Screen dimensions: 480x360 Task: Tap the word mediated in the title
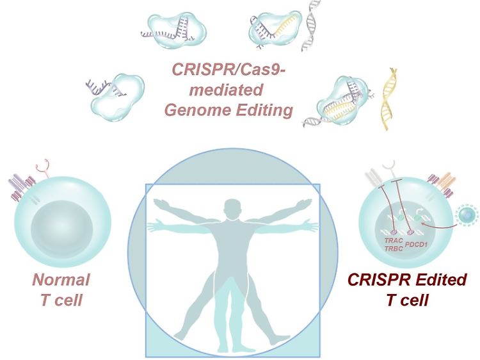click(226, 90)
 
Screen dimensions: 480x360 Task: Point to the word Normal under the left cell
click(61, 279)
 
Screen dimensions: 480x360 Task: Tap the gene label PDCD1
click(416, 245)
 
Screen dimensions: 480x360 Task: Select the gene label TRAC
click(394, 240)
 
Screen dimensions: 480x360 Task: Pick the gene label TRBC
click(394, 249)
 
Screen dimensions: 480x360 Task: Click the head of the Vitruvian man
click(232, 209)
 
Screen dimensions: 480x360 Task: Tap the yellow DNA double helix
click(388, 99)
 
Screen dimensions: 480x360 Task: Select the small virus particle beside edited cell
click(466, 215)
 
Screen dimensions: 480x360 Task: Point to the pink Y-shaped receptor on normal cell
click(43, 168)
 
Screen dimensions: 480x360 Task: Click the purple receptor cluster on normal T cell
click(21, 187)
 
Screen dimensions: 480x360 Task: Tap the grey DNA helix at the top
click(310, 26)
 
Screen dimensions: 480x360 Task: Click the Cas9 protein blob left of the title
click(117, 97)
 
